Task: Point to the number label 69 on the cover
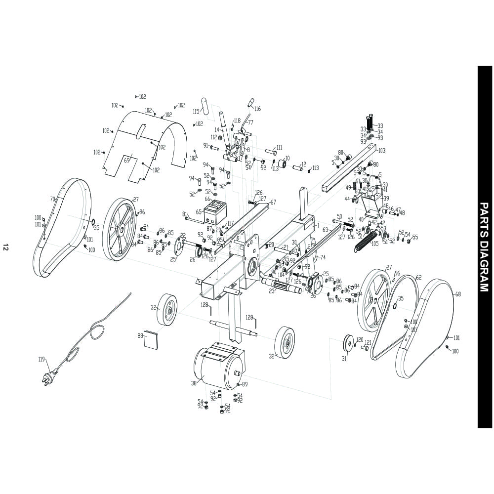[126, 160]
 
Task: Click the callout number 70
[52, 199]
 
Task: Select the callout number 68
[458, 294]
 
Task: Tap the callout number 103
[381, 150]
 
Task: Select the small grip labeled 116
[250, 102]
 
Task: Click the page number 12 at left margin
[5, 247]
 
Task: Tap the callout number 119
[41, 359]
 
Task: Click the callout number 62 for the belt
[419, 278]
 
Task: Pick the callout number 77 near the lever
[250, 122]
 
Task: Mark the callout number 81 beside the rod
[185, 214]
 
